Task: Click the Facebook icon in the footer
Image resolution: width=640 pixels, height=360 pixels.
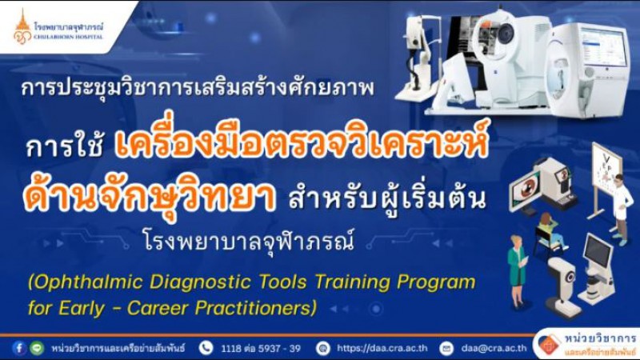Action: tap(19, 348)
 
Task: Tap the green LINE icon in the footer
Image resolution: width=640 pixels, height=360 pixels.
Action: tap(37, 348)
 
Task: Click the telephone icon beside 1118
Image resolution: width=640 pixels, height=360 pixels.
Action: tap(206, 348)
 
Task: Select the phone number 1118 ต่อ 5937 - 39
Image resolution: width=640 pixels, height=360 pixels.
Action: tap(261, 349)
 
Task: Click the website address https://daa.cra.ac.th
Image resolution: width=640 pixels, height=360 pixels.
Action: tap(382, 348)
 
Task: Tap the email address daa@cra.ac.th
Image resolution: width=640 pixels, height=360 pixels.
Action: tap(494, 348)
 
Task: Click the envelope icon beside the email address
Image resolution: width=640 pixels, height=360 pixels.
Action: tap(446, 348)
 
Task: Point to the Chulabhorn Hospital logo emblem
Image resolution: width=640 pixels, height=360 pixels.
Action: tap(22, 28)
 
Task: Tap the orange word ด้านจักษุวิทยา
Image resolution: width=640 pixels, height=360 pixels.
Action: tap(150, 197)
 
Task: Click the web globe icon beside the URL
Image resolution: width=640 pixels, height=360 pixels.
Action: tap(323, 348)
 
